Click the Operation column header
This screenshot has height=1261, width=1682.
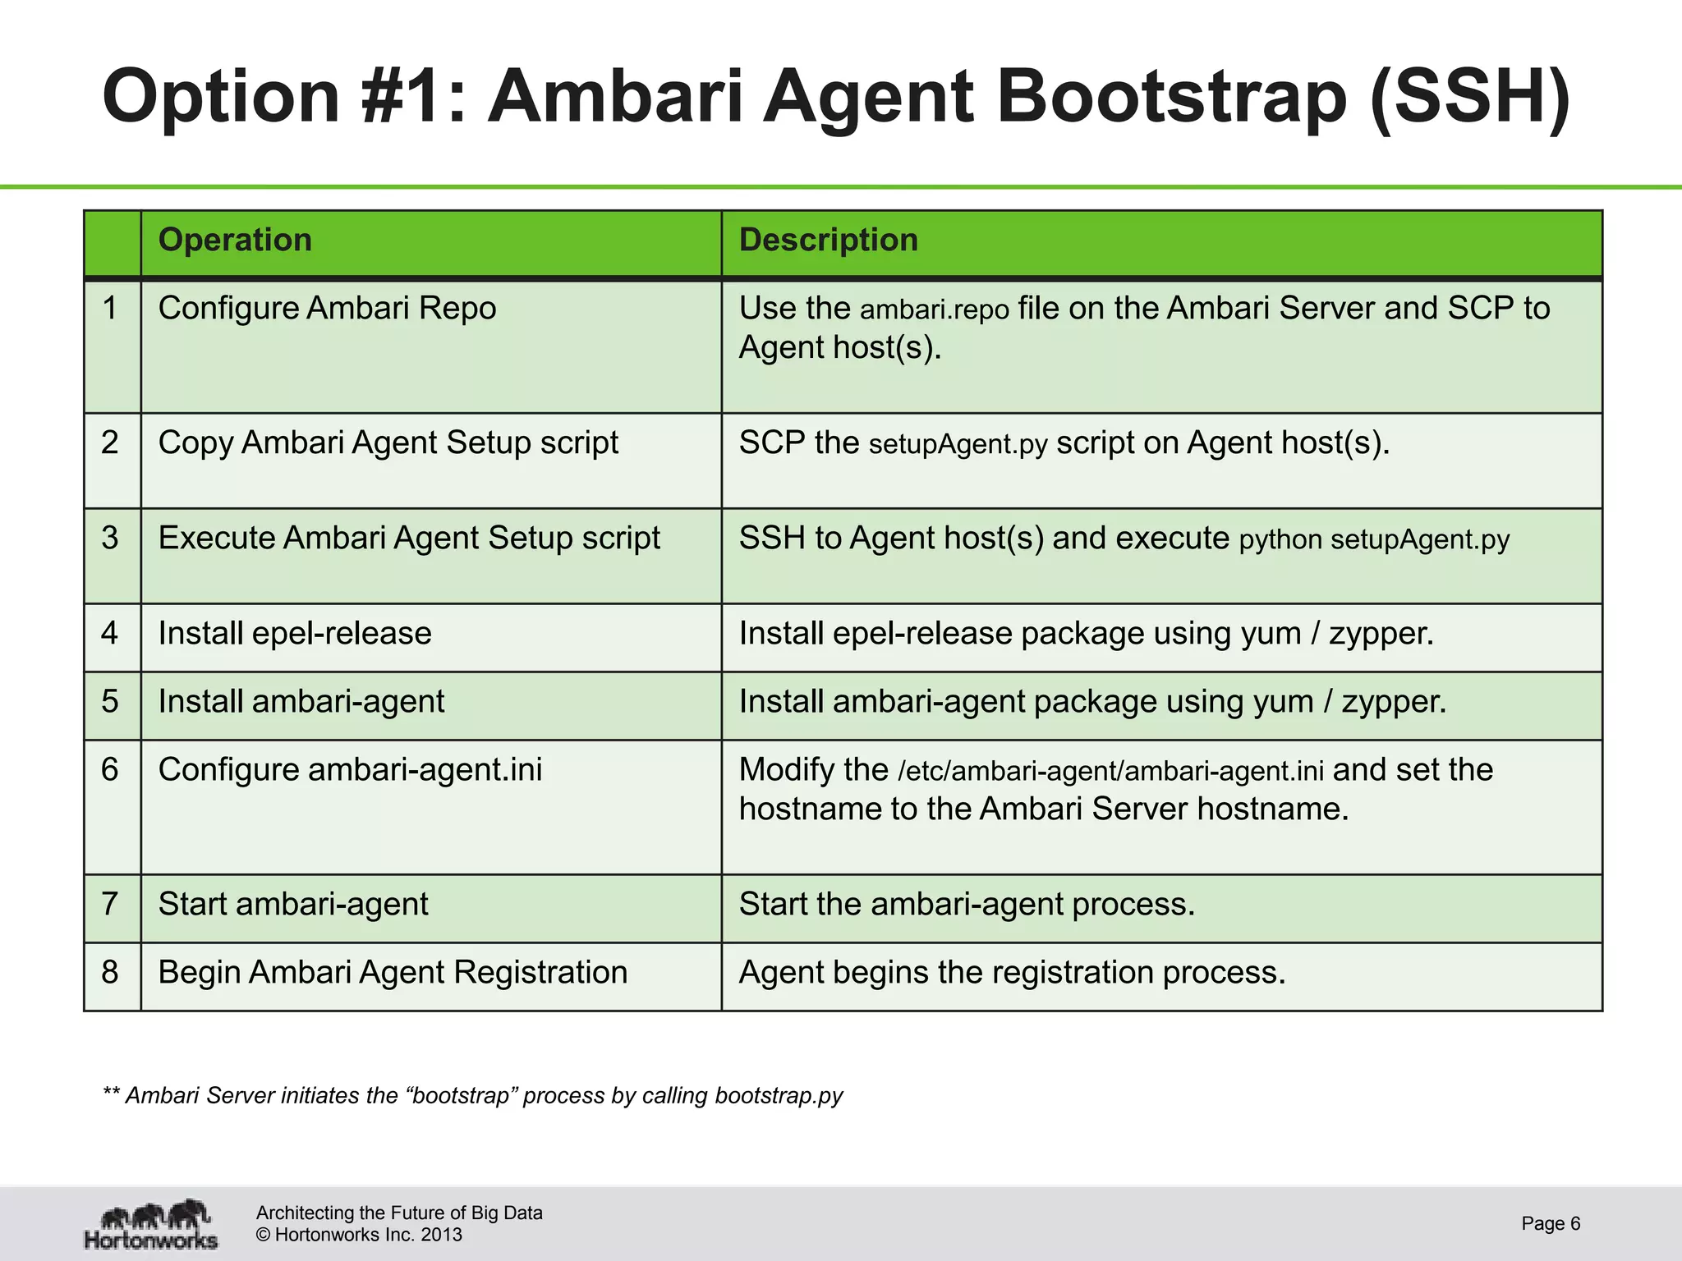coord(235,241)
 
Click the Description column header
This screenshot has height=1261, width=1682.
coord(828,241)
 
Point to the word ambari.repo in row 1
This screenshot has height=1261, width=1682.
coord(935,310)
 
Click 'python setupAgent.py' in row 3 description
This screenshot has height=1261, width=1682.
coord(1374,540)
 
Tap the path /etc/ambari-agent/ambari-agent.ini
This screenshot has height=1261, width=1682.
coord(1110,772)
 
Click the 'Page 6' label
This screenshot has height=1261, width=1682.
coord(1551,1223)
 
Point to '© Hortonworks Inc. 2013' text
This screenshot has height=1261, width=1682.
coord(359,1235)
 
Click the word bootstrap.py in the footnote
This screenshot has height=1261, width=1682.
coord(779,1096)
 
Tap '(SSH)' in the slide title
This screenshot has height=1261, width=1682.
coord(1470,97)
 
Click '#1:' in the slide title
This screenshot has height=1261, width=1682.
coord(415,97)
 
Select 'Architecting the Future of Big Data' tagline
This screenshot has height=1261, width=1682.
coord(399,1213)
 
